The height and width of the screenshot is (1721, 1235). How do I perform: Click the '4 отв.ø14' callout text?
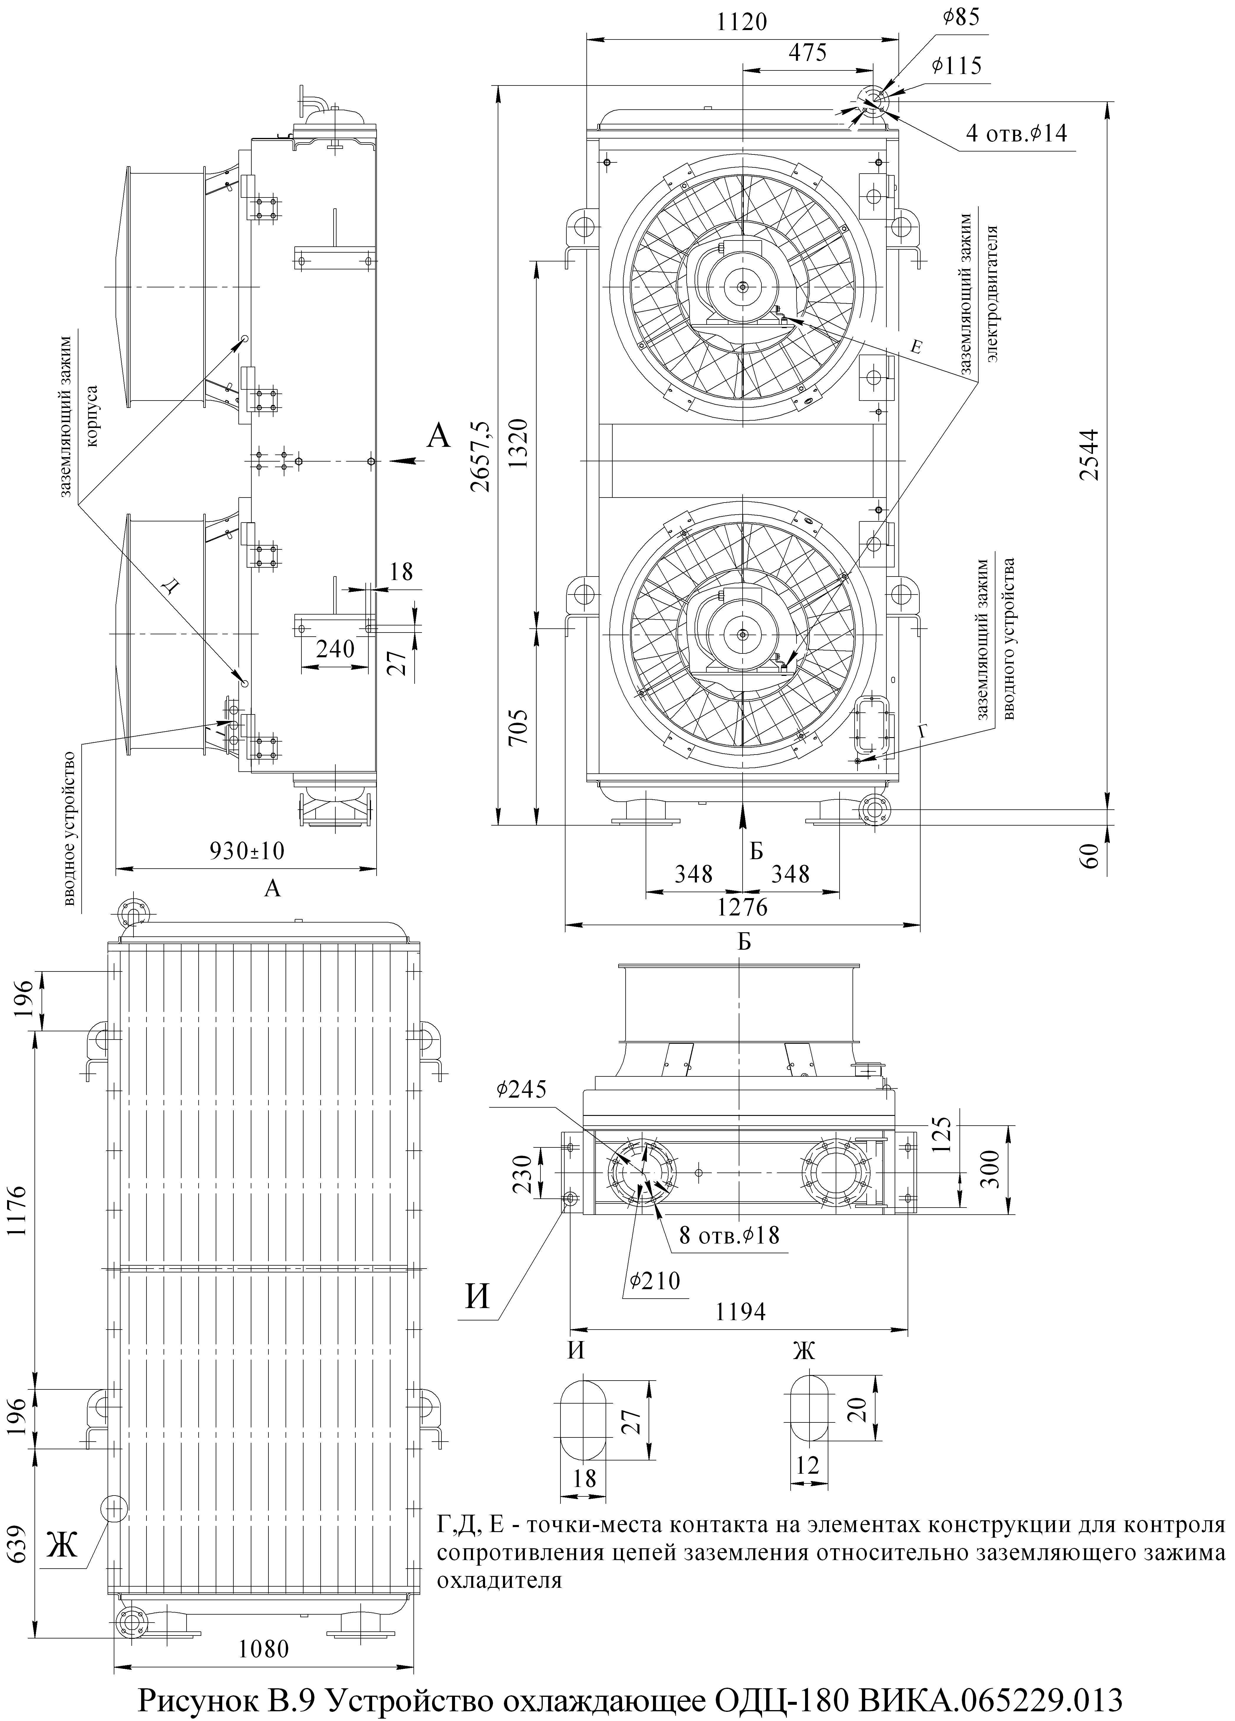(x=1015, y=134)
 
